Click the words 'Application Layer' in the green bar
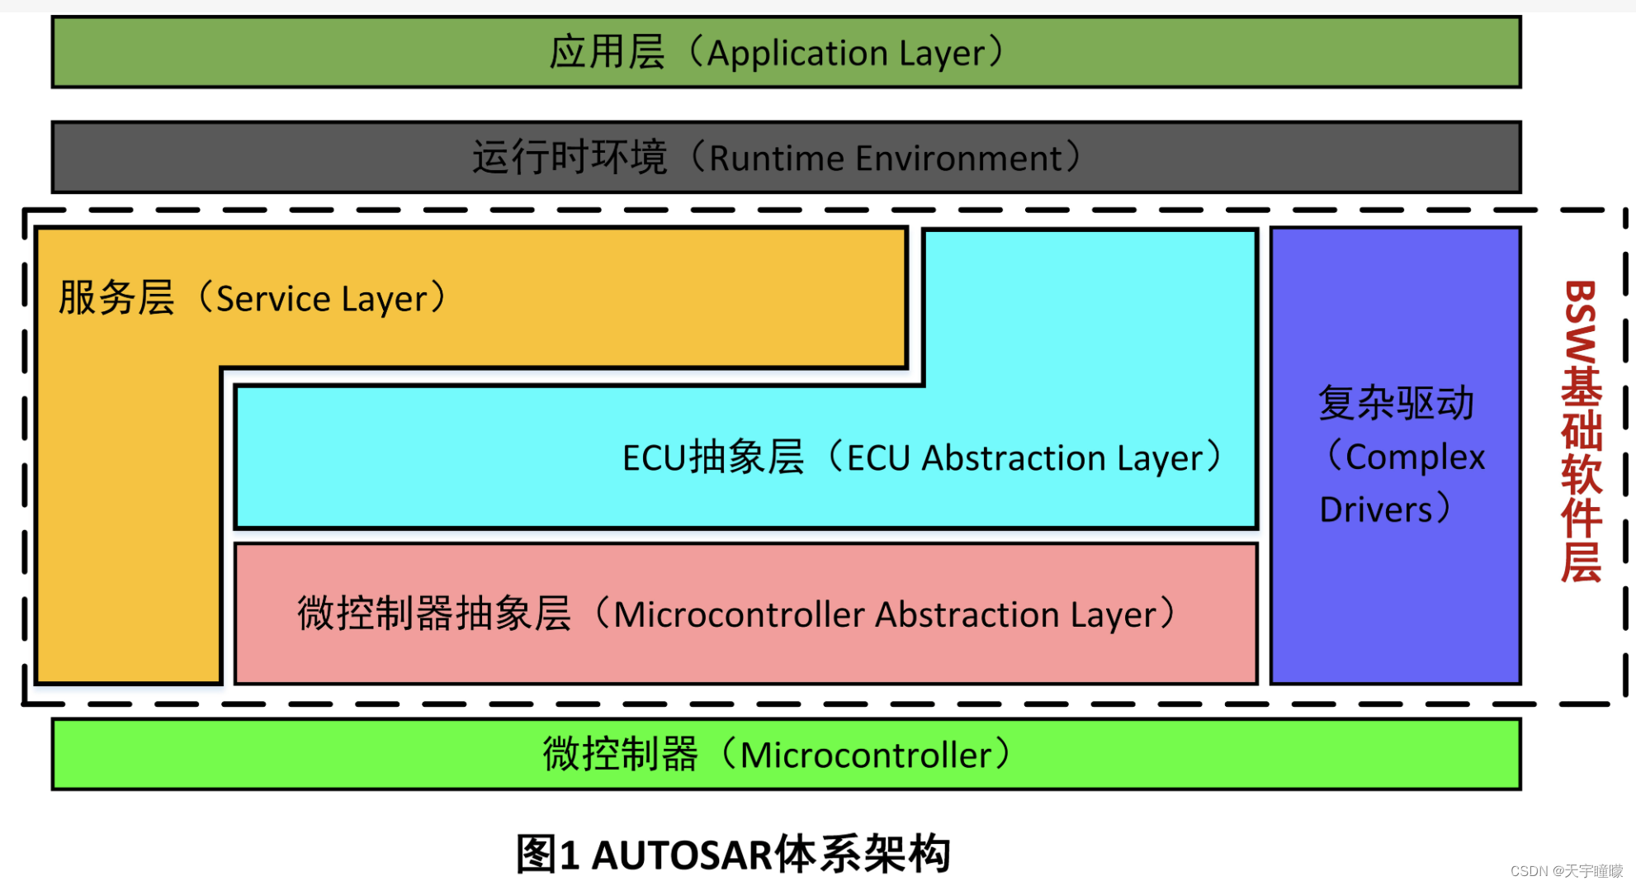pos(846,54)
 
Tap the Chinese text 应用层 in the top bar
pos(607,52)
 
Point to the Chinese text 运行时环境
pos(569,157)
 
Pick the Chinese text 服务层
pos(116,298)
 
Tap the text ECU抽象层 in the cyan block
pos(713,457)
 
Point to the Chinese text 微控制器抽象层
pos(434,614)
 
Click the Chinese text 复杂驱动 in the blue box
pos(1396,404)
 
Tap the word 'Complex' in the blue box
pos(1415,457)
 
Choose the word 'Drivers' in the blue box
pos(1376,510)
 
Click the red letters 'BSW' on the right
pos(1581,322)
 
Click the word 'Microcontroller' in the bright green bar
pos(866,756)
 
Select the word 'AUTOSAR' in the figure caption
pos(682,855)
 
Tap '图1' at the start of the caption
pos(547,855)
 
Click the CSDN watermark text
pos(1566,871)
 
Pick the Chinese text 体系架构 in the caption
pos(863,855)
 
